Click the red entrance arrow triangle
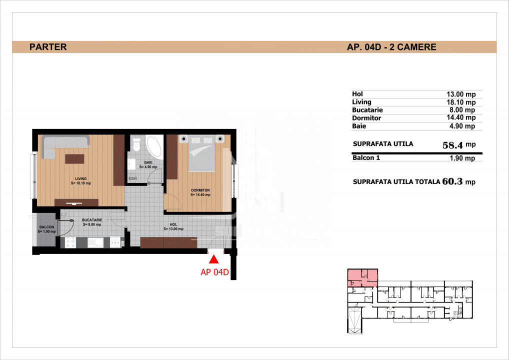tap(213, 259)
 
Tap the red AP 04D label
tap(214, 272)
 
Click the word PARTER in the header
tap(48, 46)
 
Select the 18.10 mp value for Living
tap(461, 102)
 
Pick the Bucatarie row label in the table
tap(367, 110)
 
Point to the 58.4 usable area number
tap(452, 145)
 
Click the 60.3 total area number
tap(452, 181)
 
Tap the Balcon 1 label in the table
tap(366, 158)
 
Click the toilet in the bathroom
tap(136, 144)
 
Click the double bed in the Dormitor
tap(201, 153)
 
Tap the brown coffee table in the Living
tap(74, 159)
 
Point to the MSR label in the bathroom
tap(132, 178)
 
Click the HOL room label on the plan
tap(173, 224)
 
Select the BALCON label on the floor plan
tap(46, 227)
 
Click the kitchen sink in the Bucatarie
tap(95, 242)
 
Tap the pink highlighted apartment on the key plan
tap(362, 278)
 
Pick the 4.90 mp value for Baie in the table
tap(462, 126)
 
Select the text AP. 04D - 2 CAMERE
tap(391, 47)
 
